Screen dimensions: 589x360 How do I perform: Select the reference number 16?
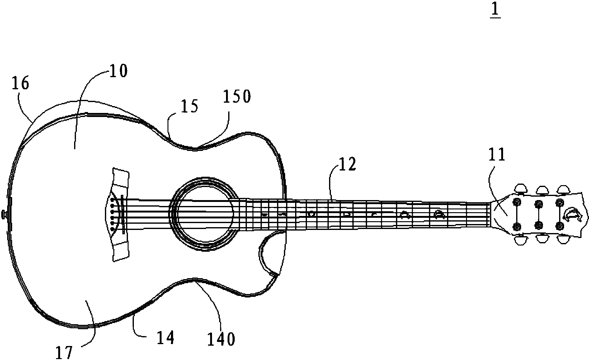pyautogui.click(x=21, y=84)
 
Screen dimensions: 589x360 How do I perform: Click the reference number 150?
pyautogui.click(x=237, y=97)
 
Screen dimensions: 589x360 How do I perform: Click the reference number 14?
pyautogui.click(x=165, y=338)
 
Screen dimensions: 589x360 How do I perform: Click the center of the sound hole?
pyautogui.click(x=204, y=215)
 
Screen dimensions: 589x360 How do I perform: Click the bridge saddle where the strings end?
pyautogui.click(x=123, y=215)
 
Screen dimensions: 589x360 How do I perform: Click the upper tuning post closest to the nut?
pyautogui.click(x=517, y=202)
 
